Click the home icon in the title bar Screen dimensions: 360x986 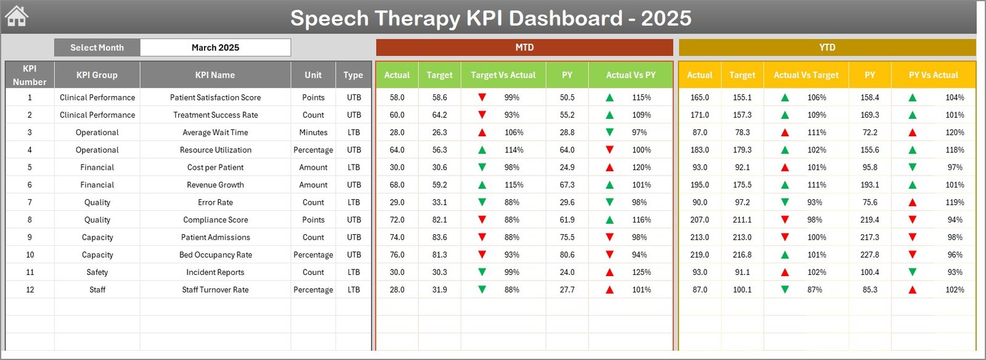(x=17, y=17)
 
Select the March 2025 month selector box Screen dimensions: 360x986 (x=215, y=47)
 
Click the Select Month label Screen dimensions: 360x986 (x=97, y=47)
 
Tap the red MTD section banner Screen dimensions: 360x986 (x=524, y=47)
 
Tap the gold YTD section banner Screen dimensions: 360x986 (x=827, y=47)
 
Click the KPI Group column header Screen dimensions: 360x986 (x=97, y=75)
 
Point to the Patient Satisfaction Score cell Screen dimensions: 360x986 (x=215, y=97)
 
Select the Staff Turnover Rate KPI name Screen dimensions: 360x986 (x=215, y=290)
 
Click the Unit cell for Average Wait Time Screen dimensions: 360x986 (x=313, y=133)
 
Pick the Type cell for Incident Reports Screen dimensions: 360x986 (x=354, y=272)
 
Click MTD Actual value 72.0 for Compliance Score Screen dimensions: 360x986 (x=397, y=220)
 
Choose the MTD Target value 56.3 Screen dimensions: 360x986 (x=439, y=150)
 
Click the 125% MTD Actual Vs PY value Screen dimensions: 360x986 (x=641, y=272)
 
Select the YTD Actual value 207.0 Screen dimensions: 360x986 (x=699, y=220)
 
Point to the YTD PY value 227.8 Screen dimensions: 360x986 (x=870, y=255)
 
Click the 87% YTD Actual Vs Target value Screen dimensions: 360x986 (x=814, y=290)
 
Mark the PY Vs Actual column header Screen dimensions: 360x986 (x=933, y=75)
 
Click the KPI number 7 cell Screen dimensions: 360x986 (x=30, y=202)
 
